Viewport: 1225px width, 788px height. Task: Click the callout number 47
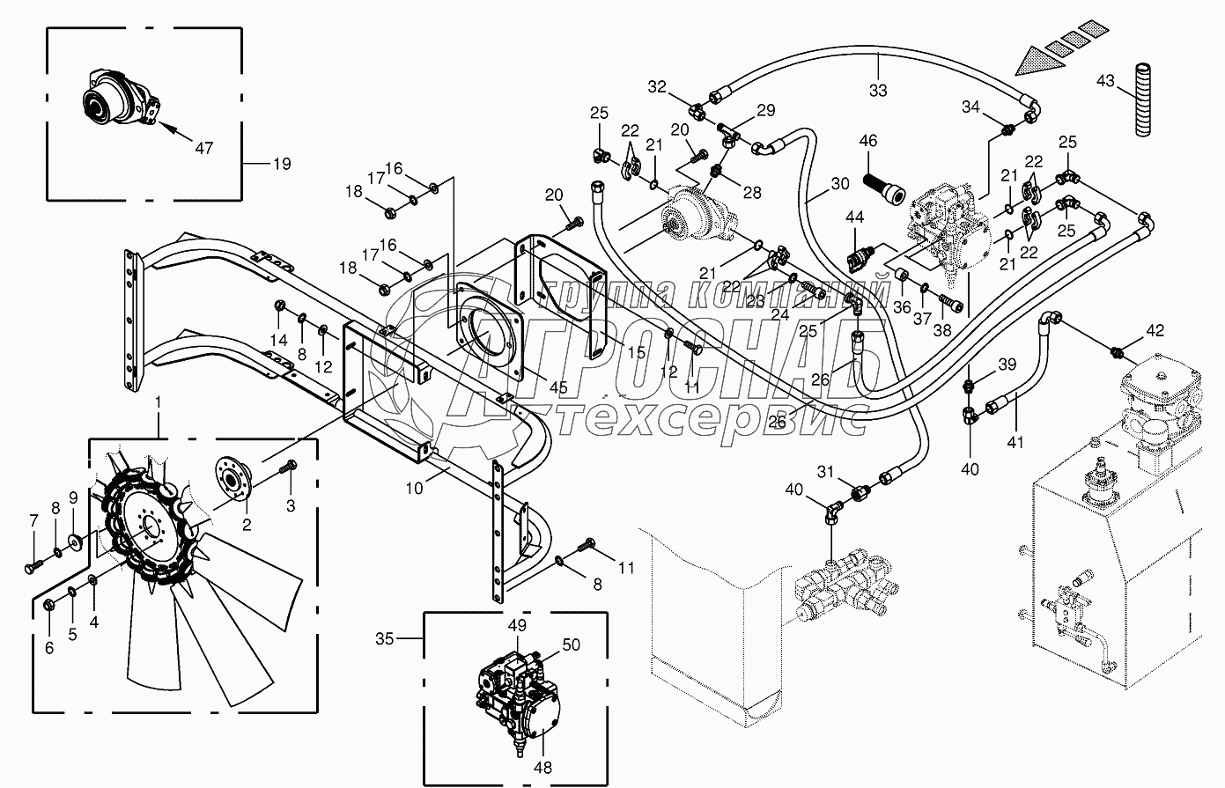[203, 148]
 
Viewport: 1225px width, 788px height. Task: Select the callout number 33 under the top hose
[877, 89]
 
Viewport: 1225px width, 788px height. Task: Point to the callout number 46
[868, 141]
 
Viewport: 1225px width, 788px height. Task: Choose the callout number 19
[282, 164]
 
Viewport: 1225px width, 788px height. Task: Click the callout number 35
[384, 639]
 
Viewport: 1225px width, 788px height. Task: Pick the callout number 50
[571, 645]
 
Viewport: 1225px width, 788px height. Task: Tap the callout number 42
[1155, 331]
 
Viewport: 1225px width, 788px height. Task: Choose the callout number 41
[1015, 443]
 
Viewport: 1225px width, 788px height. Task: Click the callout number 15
[636, 352]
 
